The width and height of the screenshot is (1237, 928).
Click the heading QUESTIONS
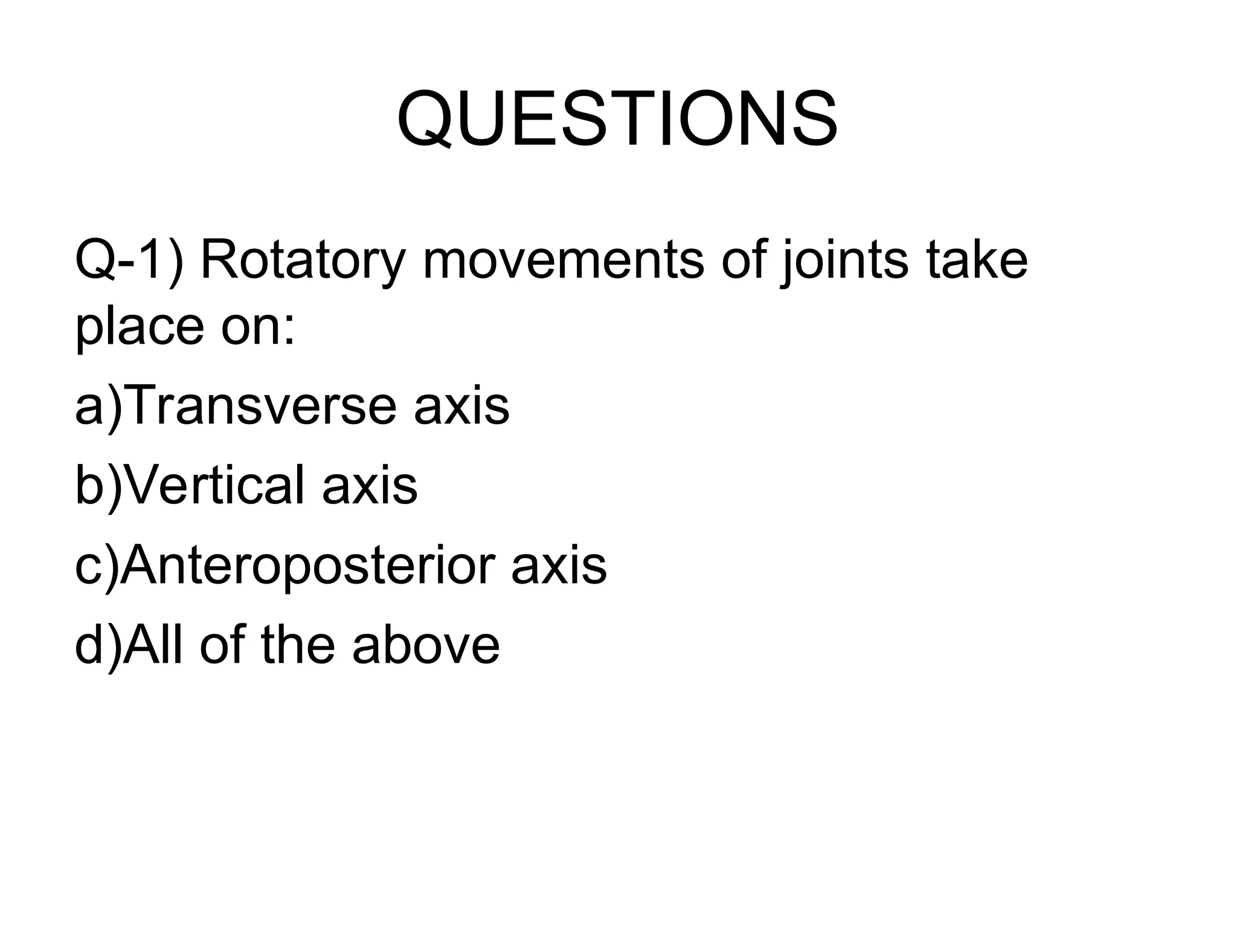(x=617, y=119)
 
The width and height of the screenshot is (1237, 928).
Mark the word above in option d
(x=426, y=645)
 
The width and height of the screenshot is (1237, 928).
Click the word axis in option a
(x=461, y=406)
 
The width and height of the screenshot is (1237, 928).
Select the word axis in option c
(x=559, y=566)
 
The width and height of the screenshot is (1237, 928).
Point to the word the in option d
(x=298, y=645)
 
